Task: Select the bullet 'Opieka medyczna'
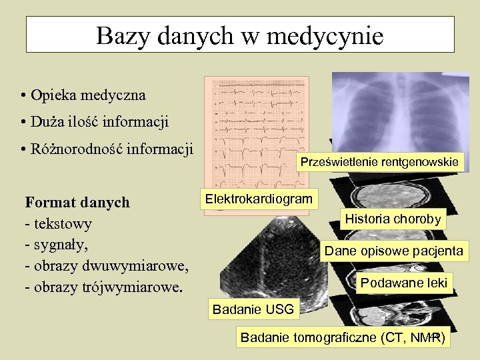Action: [87, 95]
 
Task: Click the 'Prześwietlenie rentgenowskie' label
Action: [379, 162]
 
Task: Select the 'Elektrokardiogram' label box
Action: [259, 199]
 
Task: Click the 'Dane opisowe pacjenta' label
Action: [393, 251]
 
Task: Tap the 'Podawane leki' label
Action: [403, 283]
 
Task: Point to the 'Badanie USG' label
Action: [247, 309]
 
